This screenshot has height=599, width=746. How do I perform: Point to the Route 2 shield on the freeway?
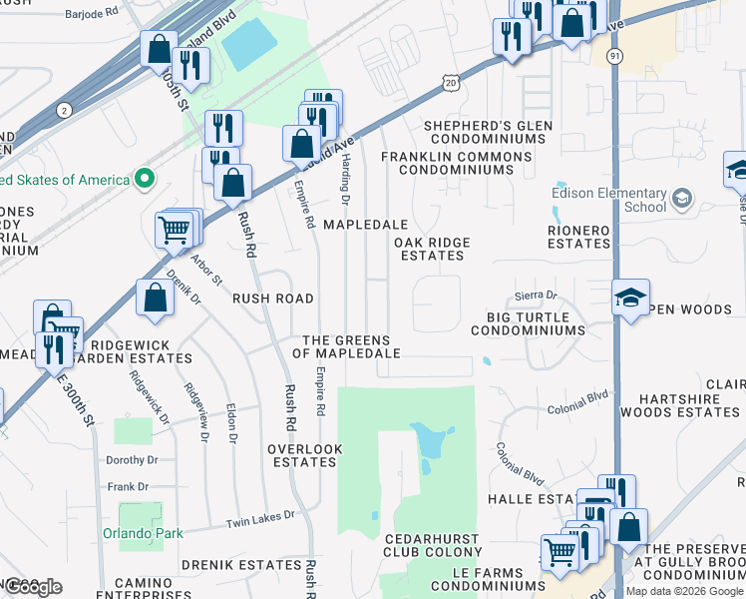point(65,109)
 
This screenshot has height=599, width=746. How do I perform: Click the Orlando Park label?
point(143,533)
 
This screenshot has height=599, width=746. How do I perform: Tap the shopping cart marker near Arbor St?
point(175,230)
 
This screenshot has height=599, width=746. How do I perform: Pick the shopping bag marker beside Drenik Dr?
point(155,298)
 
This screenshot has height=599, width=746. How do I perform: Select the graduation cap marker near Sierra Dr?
point(630,297)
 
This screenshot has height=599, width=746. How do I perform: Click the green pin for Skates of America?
point(145,180)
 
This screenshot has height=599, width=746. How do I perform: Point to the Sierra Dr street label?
point(536,296)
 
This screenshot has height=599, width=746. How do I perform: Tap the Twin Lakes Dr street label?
point(260,518)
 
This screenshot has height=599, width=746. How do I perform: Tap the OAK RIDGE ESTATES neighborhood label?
point(432,249)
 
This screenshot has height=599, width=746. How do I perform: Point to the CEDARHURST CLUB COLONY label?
point(433,545)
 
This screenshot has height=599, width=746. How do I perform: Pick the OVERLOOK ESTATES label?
point(304,455)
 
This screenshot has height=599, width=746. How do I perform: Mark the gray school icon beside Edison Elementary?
point(682,199)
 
